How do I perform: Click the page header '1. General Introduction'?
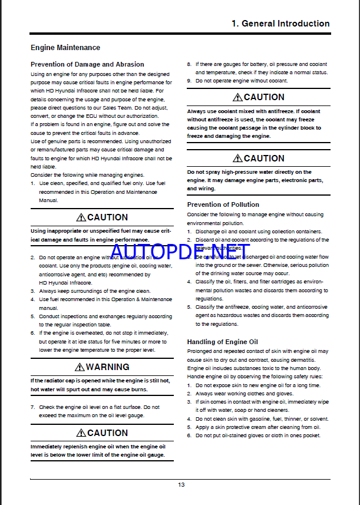280,24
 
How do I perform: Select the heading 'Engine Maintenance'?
65,47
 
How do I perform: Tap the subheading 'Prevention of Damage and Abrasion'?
87,64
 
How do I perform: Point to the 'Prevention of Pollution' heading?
223,204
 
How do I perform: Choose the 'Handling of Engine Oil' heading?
223,342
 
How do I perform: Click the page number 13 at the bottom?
181,484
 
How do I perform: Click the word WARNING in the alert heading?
108,367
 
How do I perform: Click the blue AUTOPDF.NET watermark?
180,253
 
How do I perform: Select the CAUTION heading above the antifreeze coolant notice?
264,97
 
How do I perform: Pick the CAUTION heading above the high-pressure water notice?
264,158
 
